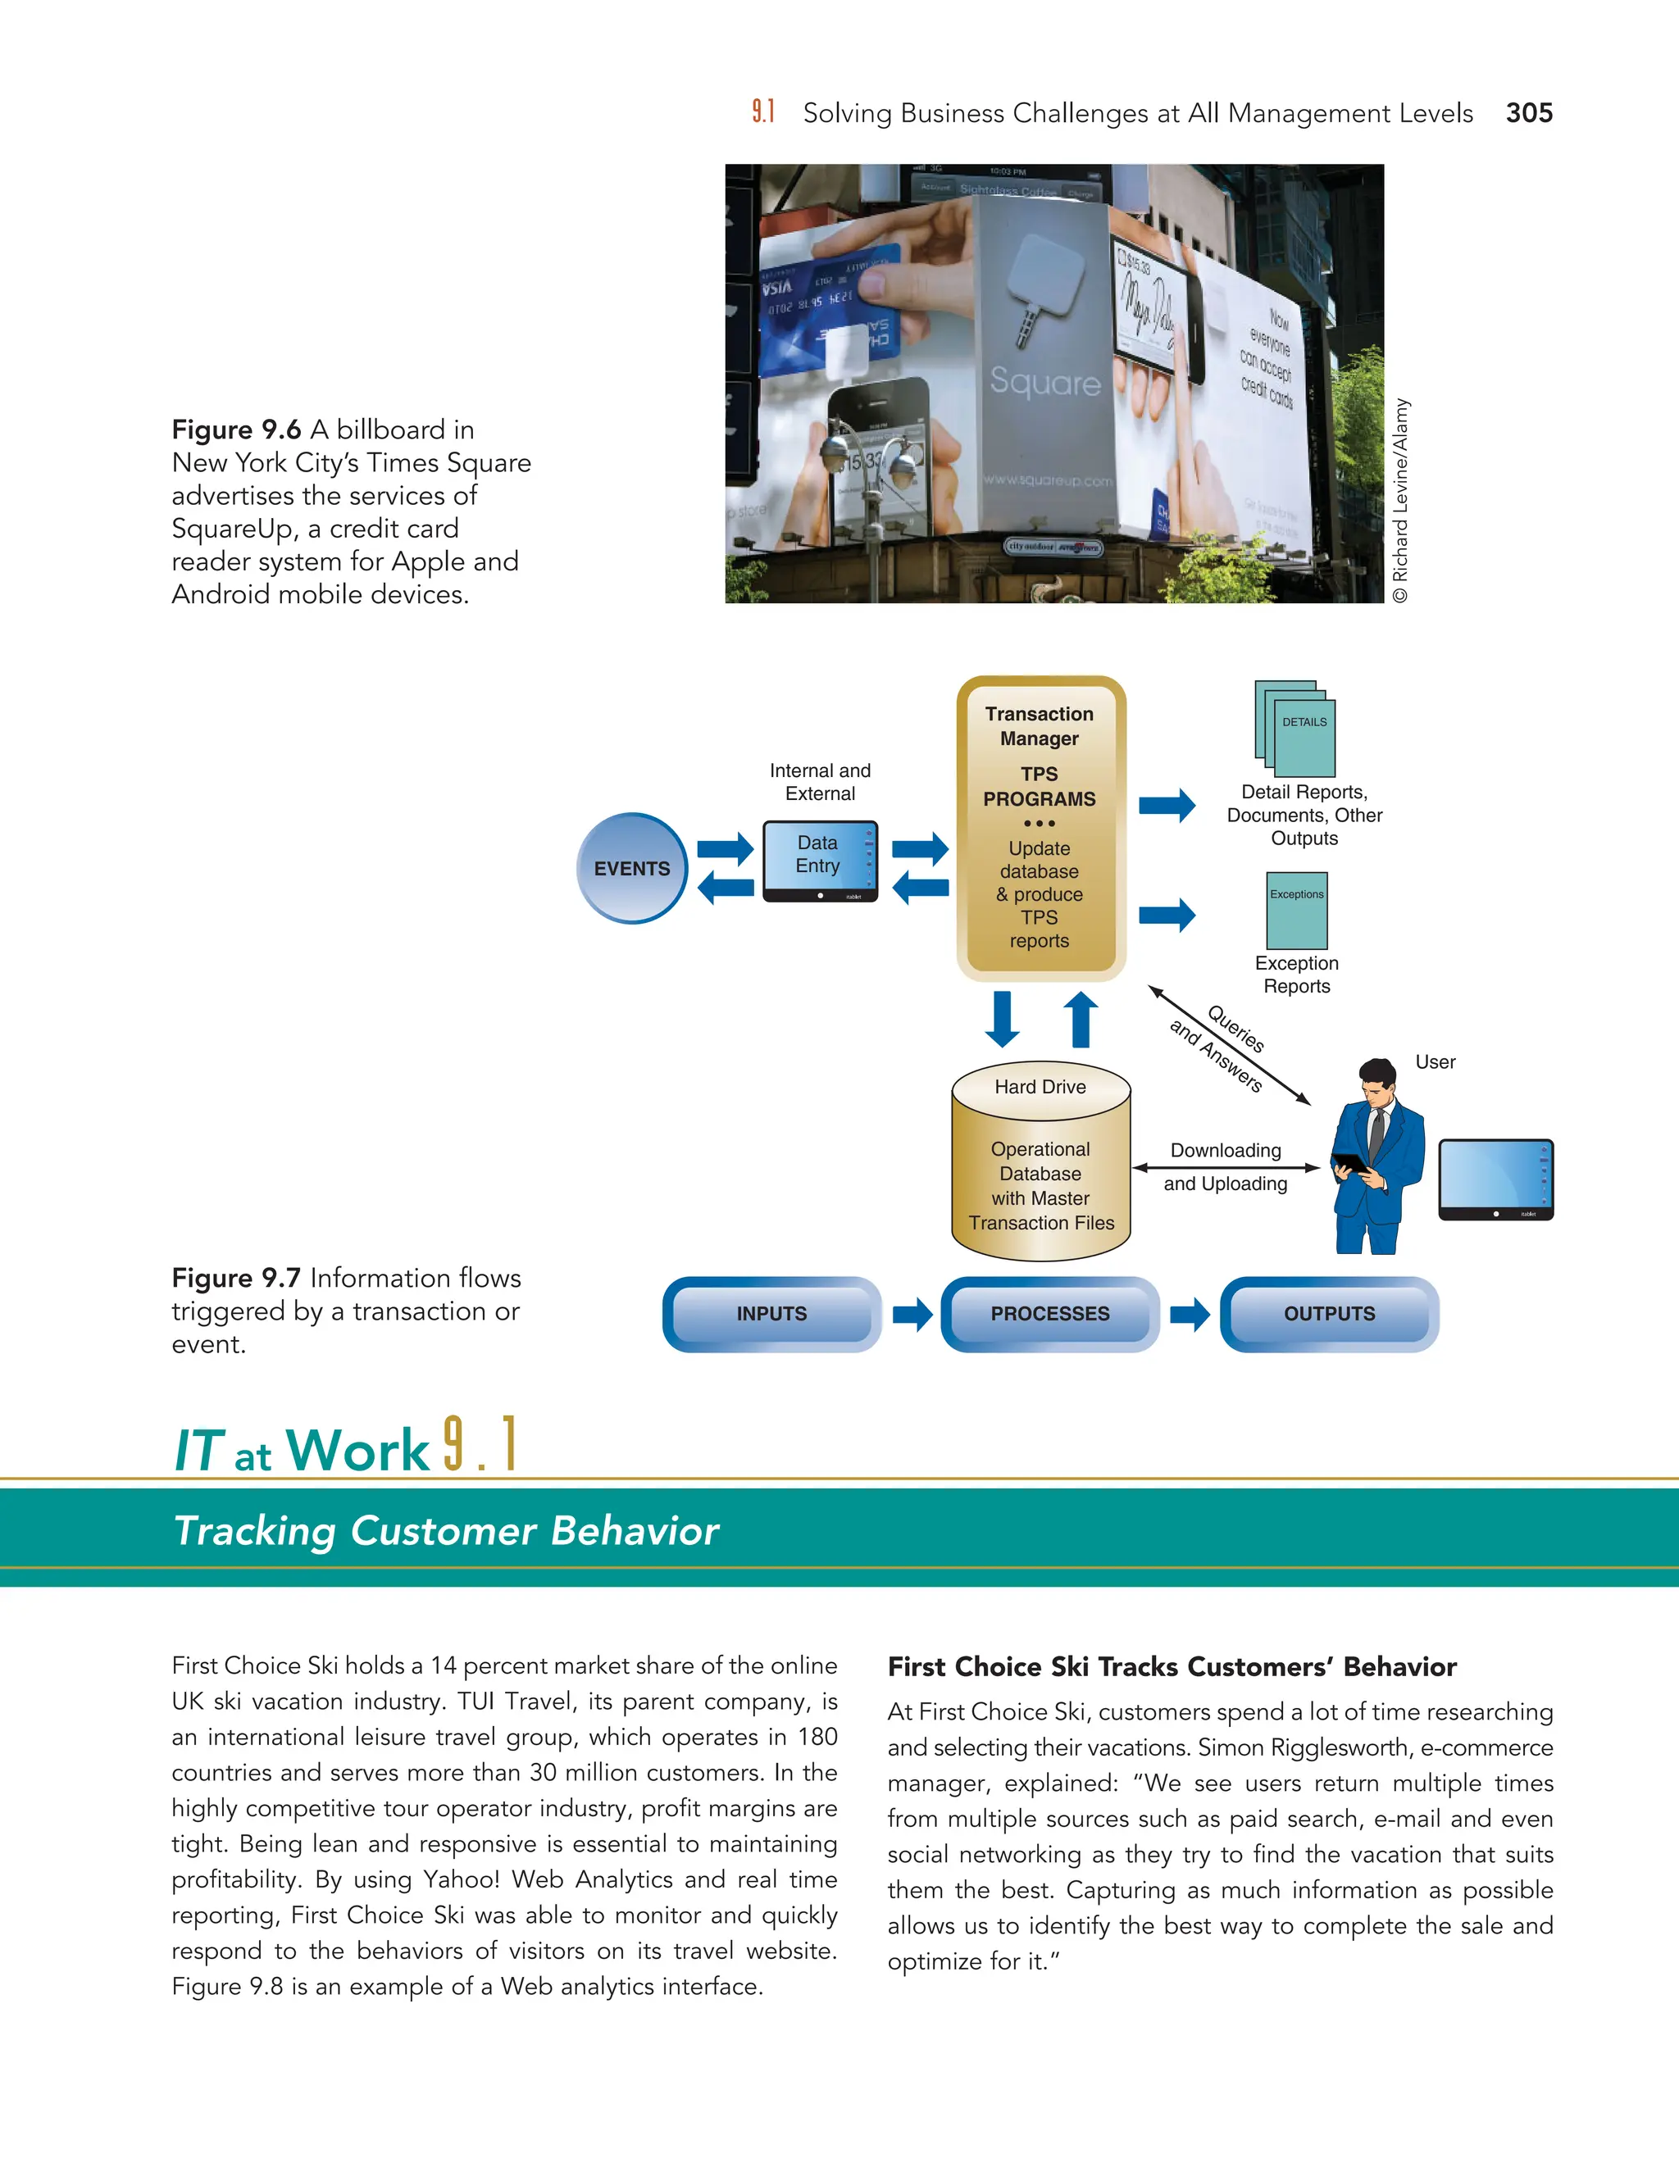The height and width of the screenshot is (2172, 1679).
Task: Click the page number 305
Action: pos(1529,113)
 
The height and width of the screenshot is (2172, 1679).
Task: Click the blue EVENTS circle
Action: pos(631,868)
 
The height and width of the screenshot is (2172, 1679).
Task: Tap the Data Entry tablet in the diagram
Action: pos(820,861)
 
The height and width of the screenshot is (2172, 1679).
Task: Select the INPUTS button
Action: pos(771,1314)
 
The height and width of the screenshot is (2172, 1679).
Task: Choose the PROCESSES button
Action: pos(1049,1314)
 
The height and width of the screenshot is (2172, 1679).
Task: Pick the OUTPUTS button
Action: pos(1329,1314)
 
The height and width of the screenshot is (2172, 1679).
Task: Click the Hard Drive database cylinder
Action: pos(1040,1161)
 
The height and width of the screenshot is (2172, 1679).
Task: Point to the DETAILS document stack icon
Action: pos(1296,729)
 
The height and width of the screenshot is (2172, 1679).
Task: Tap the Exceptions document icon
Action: pos(1296,911)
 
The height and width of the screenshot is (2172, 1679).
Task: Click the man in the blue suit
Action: pos(1376,1159)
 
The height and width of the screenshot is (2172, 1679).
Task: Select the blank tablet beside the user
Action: pos(1495,1179)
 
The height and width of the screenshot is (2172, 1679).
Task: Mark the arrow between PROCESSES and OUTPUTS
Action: pos(1190,1314)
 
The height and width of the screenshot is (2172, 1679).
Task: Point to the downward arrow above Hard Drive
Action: pos(1003,1020)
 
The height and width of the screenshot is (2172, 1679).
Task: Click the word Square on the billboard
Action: pos(1044,383)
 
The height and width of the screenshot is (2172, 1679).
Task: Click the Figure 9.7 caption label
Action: pos(236,1278)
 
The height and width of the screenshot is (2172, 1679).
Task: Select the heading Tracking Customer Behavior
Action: pos(446,1530)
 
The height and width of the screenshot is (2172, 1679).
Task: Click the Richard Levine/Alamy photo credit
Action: pos(1400,500)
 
